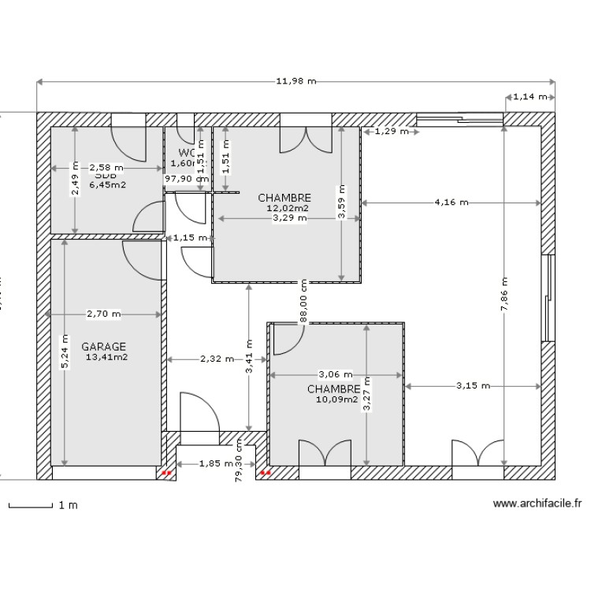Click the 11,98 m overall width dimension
[x=295, y=81]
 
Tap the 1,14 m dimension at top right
[x=530, y=97]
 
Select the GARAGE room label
[x=103, y=346]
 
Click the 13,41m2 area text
[x=106, y=357]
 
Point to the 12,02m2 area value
[x=288, y=208]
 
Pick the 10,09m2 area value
[x=336, y=400]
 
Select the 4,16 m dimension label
[x=451, y=203]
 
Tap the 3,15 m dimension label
[x=473, y=386]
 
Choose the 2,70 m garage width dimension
[x=104, y=314]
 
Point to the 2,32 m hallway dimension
[x=217, y=359]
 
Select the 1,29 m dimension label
[x=392, y=132]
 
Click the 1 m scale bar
[x=43, y=505]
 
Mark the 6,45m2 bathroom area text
[x=108, y=185]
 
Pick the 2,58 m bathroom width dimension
[x=106, y=167]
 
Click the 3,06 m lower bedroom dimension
[x=336, y=374]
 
